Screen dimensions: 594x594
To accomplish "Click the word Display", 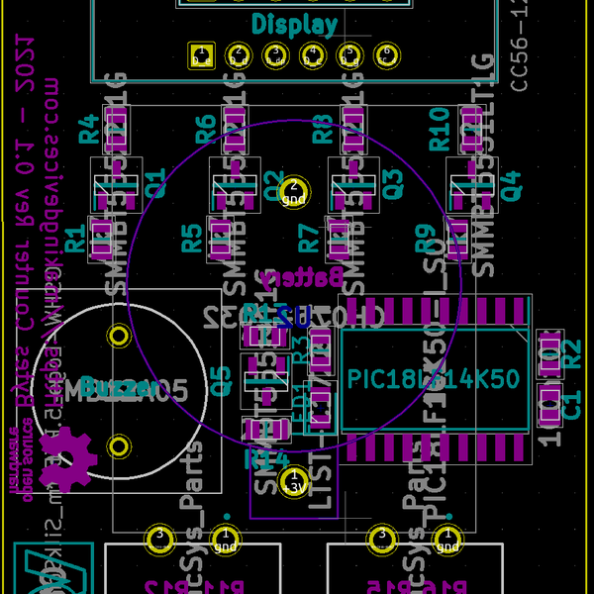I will [294, 25].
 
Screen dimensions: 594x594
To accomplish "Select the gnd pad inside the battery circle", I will [294, 190].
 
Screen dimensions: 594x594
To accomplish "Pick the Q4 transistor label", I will [510, 185].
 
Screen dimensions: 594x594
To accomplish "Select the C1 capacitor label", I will [571, 401].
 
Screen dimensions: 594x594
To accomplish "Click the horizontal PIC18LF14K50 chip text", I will [433, 379].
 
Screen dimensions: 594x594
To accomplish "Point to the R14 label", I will [267, 458].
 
